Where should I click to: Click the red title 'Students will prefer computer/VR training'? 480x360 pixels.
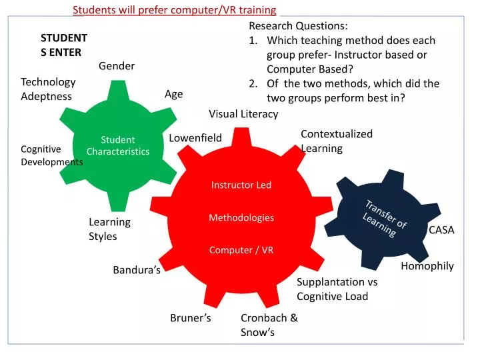174,9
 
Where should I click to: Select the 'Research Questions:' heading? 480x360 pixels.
298,26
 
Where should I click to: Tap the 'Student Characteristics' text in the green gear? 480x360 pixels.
118,146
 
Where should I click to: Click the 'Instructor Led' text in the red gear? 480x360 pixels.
241,185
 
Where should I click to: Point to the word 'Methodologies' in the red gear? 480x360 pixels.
241,218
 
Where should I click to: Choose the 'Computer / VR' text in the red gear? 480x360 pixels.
241,250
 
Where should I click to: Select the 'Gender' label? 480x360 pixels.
117,65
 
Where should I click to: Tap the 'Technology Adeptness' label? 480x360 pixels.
48,89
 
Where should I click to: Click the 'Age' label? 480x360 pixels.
173,94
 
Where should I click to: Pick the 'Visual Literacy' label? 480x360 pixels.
243,114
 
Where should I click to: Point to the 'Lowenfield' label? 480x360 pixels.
195,138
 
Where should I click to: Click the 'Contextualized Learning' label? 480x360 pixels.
336,141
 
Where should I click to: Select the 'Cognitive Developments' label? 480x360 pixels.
51,155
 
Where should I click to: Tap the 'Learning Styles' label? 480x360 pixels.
109,229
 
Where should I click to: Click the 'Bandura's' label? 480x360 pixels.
137,270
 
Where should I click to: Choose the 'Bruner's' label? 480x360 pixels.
191,318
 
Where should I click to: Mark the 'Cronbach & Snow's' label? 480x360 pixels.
269,325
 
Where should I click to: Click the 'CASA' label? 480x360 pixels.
441,230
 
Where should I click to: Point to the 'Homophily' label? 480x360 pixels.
427,266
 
